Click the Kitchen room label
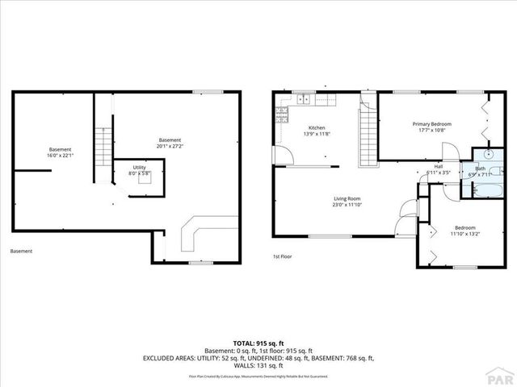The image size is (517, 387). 316,131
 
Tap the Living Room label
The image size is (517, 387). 347,202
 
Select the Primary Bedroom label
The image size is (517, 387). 431,127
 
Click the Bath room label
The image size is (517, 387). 480,171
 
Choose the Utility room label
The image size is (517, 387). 140,170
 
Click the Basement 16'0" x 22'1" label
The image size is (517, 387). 60,152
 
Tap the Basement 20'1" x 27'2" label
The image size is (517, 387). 170,144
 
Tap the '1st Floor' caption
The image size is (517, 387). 282,257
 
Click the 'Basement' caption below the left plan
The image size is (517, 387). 21,252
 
